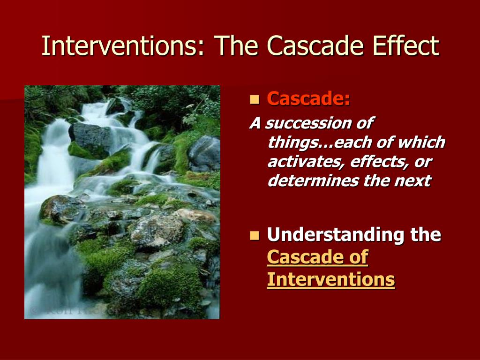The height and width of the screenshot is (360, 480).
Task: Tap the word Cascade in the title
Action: click(315, 45)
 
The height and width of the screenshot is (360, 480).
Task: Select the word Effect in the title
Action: click(405, 45)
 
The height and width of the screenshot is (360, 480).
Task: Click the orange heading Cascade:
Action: click(308, 98)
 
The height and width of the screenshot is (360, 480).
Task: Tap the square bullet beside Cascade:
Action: click(255, 99)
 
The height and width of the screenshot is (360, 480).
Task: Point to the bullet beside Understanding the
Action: click(255, 235)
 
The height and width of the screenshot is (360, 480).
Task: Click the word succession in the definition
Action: click(307, 123)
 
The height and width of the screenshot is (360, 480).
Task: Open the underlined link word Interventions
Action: click(331, 279)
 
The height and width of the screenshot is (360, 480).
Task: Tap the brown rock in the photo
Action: click(196, 215)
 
